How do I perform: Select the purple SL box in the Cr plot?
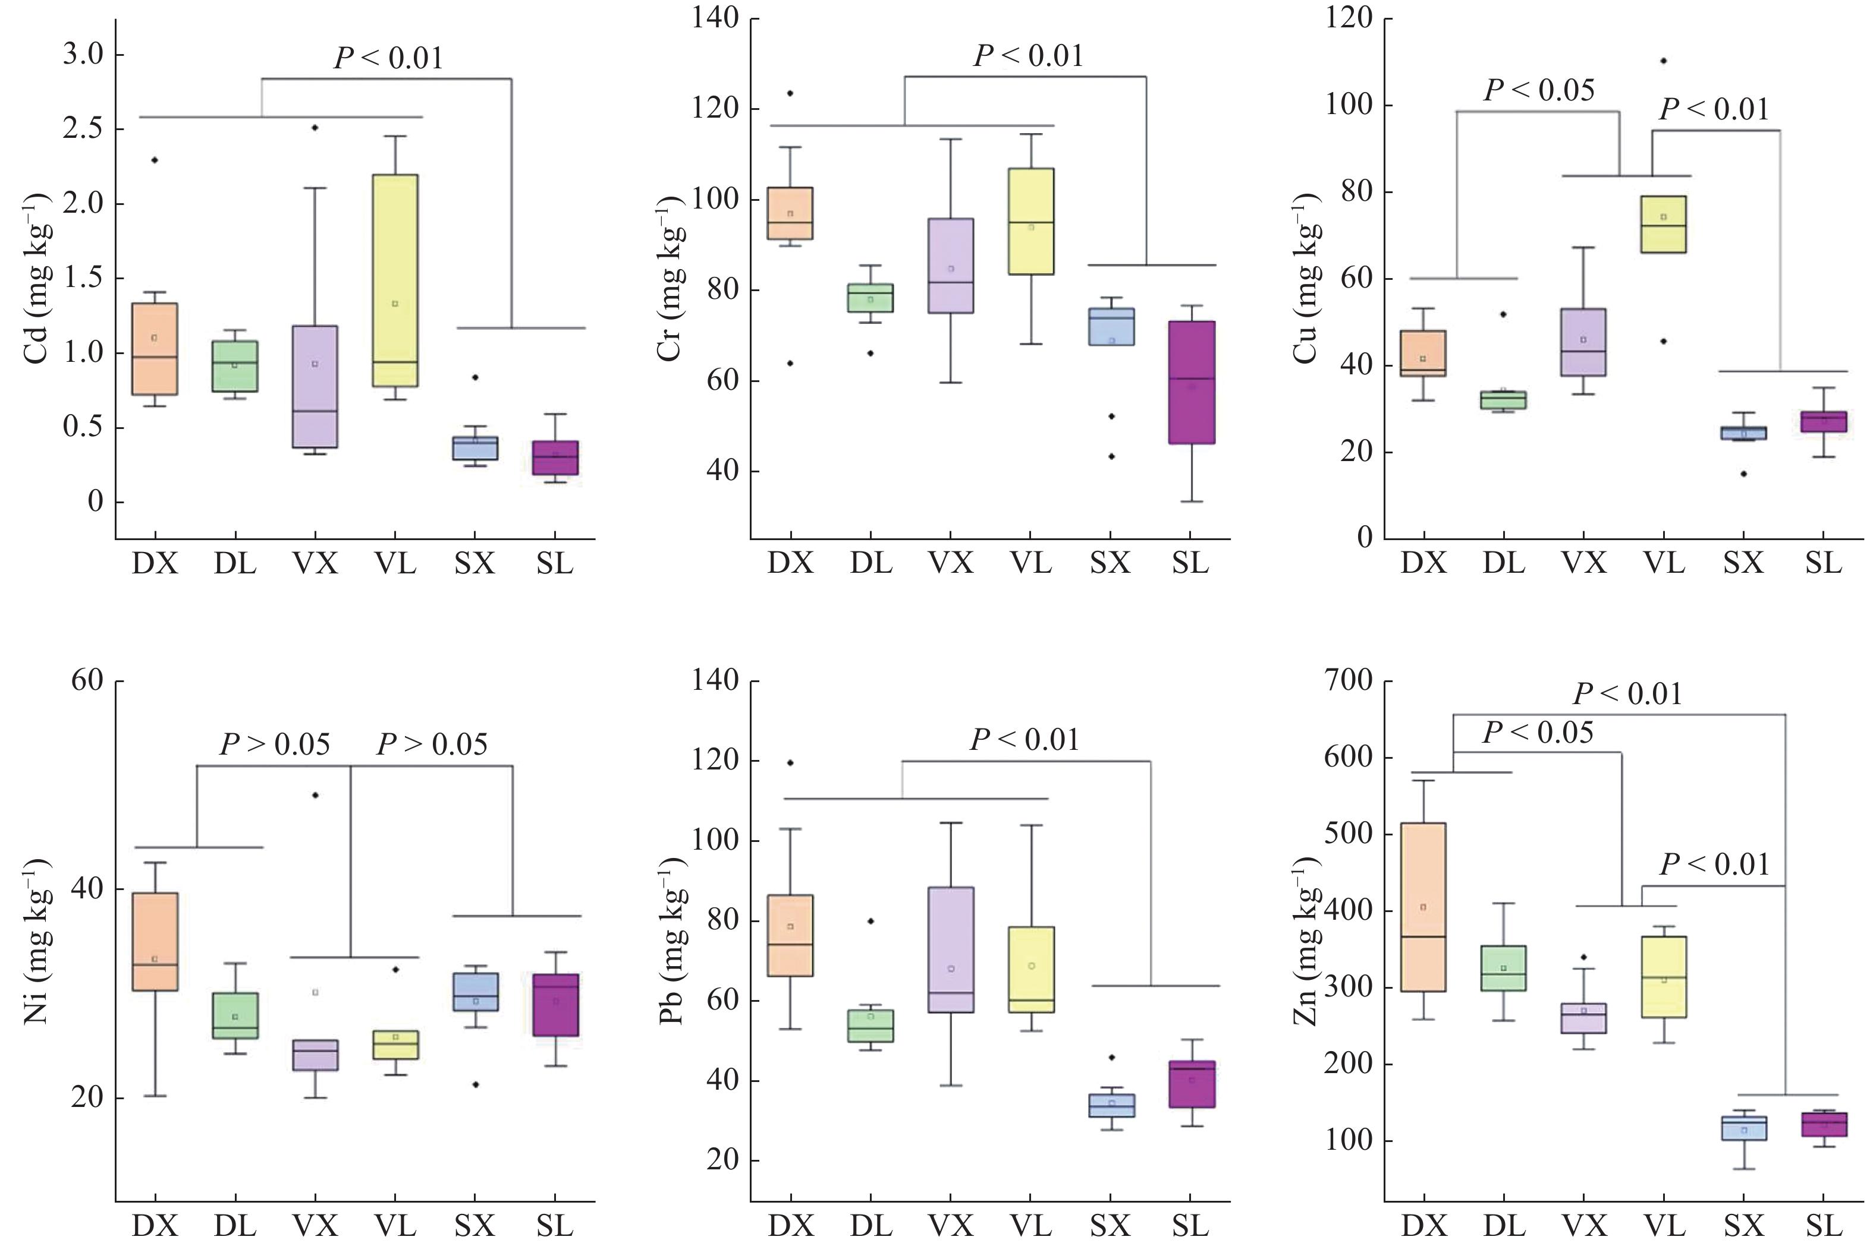pyautogui.click(x=1191, y=382)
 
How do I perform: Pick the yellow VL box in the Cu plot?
pyautogui.click(x=1663, y=224)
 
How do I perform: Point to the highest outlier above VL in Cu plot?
pyautogui.click(x=1663, y=61)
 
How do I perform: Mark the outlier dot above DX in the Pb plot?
pyautogui.click(x=790, y=763)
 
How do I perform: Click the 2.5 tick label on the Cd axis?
pyautogui.click(x=82, y=130)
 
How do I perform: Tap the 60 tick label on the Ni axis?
pyautogui.click(x=87, y=681)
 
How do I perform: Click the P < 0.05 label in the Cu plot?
pyautogui.click(x=1539, y=90)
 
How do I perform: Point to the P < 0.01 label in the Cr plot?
pyautogui.click(x=1029, y=56)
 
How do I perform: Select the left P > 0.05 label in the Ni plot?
pyautogui.click(x=274, y=745)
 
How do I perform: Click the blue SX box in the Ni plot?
pyautogui.click(x=476, y=992)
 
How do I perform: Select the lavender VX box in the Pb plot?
pyautogui.click(x=951, y=950)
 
